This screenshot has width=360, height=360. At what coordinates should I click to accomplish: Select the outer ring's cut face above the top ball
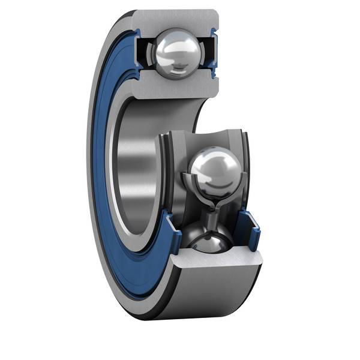click(x=174, y=19)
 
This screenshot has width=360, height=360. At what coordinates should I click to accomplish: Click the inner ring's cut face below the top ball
click(x=174, y=87)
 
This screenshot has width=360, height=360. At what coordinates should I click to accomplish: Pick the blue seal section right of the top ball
click(x=214, y=51)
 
